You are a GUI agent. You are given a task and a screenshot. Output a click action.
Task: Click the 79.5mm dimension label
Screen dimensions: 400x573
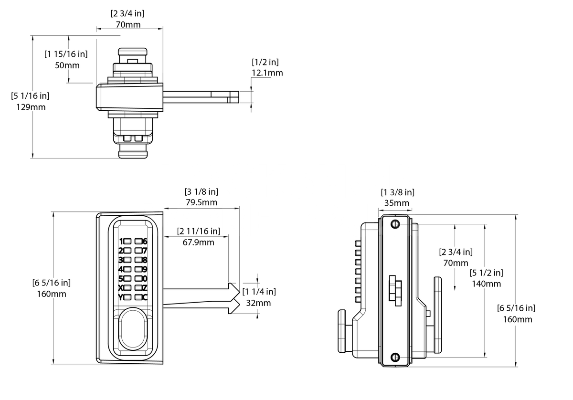tap(201, 202)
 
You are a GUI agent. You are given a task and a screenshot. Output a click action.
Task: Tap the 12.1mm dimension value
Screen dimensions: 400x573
tap(267, 73)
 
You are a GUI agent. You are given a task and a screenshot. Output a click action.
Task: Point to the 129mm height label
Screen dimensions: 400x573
tap(31, 107)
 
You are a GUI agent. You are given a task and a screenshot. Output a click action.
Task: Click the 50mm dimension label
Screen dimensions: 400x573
tap(67, 65)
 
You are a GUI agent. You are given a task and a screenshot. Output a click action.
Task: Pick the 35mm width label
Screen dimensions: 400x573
tap(397, 203)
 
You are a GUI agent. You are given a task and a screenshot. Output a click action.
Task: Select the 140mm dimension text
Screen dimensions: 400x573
tap(486, 284)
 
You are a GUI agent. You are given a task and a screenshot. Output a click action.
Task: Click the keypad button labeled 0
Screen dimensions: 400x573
tap(138, 278)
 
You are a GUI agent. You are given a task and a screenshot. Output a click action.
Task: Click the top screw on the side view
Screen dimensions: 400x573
tap(394, 225)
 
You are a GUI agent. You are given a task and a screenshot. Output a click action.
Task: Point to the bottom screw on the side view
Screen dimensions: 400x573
tap(394, 357)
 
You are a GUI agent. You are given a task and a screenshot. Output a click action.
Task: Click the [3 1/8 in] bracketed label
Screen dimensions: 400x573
tap(201, 191)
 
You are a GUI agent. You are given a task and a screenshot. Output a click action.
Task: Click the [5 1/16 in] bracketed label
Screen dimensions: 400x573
tap(30, 95)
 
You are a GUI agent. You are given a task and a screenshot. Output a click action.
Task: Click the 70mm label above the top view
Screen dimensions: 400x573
tap(128, 24)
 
